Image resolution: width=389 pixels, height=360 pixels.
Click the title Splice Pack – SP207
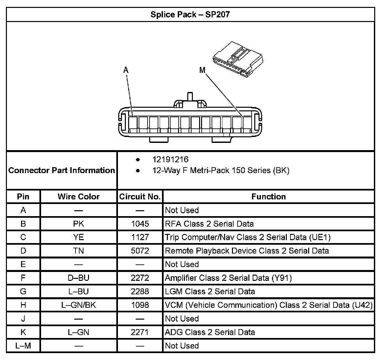coord(190,14)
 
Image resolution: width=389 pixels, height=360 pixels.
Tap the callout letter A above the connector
coord(126,70)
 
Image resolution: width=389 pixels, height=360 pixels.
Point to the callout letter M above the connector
coord(202,70)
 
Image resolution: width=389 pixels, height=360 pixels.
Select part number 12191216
coord(170,160)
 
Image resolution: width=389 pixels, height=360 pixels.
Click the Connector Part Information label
coord(62,170)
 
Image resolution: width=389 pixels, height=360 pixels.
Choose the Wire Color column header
coord(79,196)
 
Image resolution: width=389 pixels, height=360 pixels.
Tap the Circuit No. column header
coord(140,196)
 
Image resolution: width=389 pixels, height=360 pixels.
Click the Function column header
coord(268,196)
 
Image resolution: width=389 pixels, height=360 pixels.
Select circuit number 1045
coord(140,224)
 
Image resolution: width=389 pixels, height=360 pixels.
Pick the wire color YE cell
coord(79,237)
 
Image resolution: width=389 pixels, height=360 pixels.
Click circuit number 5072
coord(140,251)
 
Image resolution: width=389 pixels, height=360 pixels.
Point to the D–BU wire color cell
coord(79,278)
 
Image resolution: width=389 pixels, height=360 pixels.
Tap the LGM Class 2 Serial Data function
coord(210,291)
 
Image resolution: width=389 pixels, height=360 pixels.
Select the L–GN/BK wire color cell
coord(79,305)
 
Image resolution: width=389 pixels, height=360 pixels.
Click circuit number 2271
coord(140,332)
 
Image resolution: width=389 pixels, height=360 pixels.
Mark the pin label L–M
coord(23,346)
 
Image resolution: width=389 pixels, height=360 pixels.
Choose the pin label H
coord(23,305)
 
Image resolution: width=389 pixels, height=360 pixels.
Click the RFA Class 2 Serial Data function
coord(209,224)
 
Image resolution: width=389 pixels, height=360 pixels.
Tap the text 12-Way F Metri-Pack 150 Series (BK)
coord(220,170)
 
